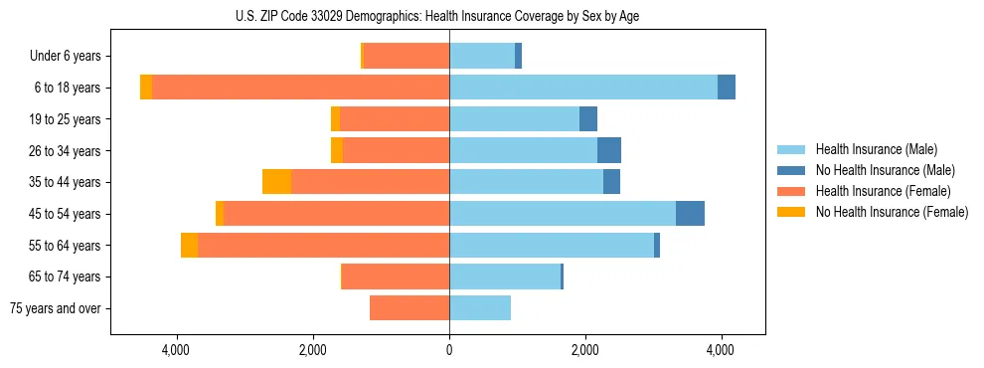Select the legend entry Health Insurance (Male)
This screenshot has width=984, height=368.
pyautogui.click(x=876, y=150)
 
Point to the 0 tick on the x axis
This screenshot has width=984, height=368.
pyautogui.click(x=449, y=350)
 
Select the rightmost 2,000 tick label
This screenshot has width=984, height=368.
pyautogui.click(x=585, y=350)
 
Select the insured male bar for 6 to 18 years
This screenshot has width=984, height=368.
pyautogui.click(x=583, y=88)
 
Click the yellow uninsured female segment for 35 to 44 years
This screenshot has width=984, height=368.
pyautogui.click(x=276, y=182)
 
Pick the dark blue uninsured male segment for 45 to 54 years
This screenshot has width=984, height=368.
pyautogui.click(x=690, y=214)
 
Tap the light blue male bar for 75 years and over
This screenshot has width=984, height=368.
pyautogui.click(x=480, y=308)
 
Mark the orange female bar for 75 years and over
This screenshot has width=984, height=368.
pyautogui.click(x=410, y=308)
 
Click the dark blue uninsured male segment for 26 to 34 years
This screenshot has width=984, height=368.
pyautogui.click(x=608, y=150)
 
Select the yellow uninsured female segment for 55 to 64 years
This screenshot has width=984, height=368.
pyautogui.click(x=189, y=245)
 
